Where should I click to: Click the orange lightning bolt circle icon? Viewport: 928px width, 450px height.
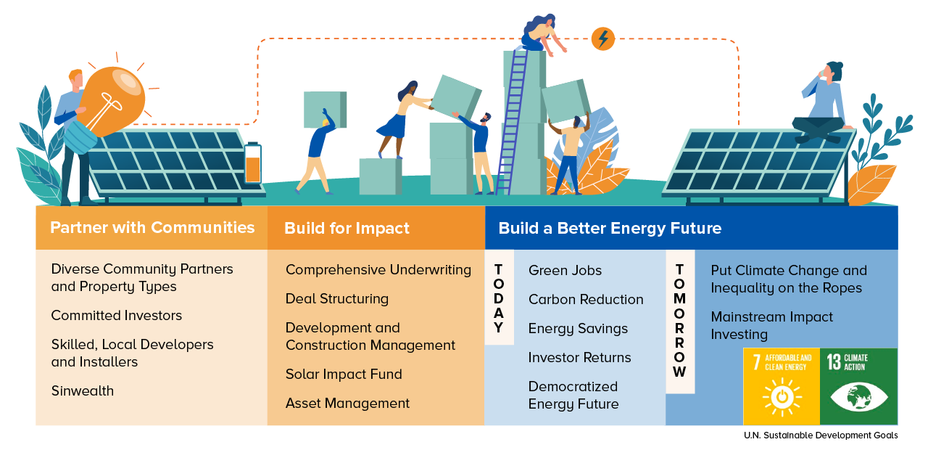click(x=602, y=39)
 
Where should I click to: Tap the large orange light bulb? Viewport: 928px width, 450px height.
click(x=110, y=102)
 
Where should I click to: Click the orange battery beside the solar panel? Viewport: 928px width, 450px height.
click(x=253, y=163)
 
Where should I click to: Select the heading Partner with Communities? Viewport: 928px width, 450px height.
click(x=152, y=228)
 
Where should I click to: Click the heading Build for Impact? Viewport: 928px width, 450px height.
click(x=347, y=229)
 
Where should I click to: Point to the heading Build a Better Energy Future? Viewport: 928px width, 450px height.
click(x=610, y=229)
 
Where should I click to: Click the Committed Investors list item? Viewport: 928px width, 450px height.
click(x=117, y=316)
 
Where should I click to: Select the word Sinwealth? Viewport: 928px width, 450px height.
click(x=83, y=391)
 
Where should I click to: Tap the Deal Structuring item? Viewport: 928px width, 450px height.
click(x=337, y=299)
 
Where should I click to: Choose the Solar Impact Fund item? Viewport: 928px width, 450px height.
click(x=344, y=374)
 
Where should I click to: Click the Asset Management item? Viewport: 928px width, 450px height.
click(x=347, y=403)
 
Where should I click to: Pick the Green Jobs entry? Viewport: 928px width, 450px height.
click(x=565, y=271)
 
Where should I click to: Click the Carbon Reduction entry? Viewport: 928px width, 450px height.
click(x=586, y=300)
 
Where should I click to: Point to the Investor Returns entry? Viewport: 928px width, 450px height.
click(x=579, y=358)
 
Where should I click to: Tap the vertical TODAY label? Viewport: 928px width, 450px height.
click(x=499, y=298)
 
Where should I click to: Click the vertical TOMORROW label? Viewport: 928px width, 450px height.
click(x=679, y=321)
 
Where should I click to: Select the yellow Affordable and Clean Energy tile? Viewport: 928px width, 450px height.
click(x=782, y=387)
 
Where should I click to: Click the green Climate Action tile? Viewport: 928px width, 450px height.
click(x=859, y=387)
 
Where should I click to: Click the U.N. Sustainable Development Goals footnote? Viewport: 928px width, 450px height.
click(x=821, y=435)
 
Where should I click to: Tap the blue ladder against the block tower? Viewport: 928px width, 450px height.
click(x=512, y=123)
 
